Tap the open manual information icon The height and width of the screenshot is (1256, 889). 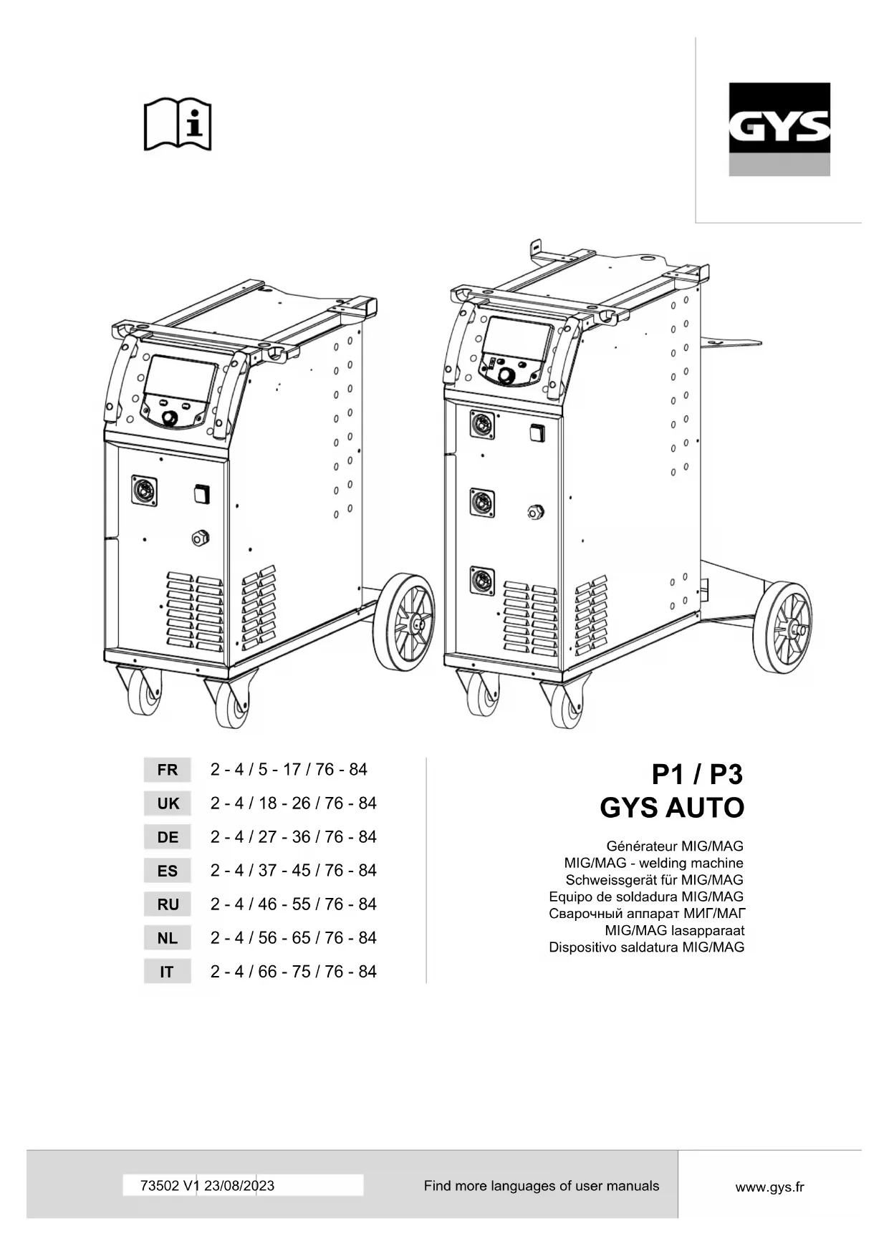point(178,124)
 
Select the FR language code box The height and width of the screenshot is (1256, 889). point(167,770)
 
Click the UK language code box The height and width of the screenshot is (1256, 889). point(167,803)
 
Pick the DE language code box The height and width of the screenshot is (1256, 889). point(167,837)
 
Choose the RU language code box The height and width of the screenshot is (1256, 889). point(167,904)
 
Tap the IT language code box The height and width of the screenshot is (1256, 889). point(167,972)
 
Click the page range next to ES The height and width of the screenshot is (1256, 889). point(293,871)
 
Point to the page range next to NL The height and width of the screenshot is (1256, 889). point(293,938)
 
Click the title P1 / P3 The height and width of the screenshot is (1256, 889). point(696,775)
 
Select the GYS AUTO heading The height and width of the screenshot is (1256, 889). point(672,808)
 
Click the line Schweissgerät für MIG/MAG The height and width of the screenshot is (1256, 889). point(654,880)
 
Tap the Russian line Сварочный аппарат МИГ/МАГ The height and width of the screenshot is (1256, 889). point(647,914)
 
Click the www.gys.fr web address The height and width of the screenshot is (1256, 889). point(769,1187)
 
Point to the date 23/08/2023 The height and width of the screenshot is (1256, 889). point(239,1186)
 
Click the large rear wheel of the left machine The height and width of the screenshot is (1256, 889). point(404,622)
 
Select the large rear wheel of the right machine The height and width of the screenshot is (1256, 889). point(784,628)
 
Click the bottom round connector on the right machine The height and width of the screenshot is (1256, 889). point(482,581)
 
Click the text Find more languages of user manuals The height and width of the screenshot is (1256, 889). point(541,1186)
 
